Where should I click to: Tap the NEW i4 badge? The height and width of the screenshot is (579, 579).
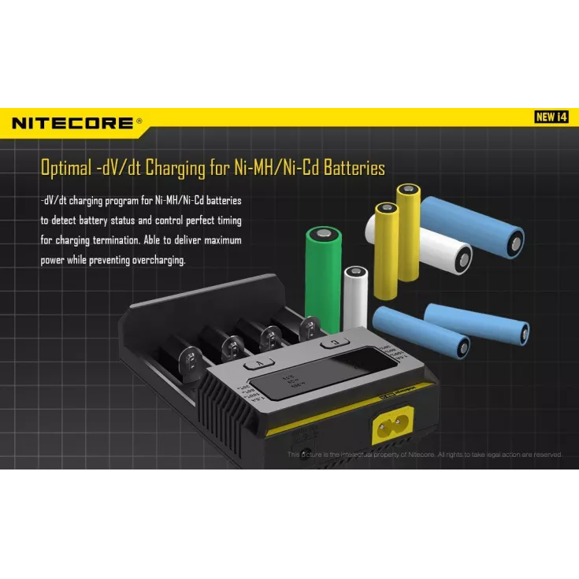pyautogui.click(x=551, y=117)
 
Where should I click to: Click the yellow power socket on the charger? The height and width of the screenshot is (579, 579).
pyautogui.click(x=391, y=432)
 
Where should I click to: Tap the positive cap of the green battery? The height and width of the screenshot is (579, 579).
pyautogui.click(x=324, y=234)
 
